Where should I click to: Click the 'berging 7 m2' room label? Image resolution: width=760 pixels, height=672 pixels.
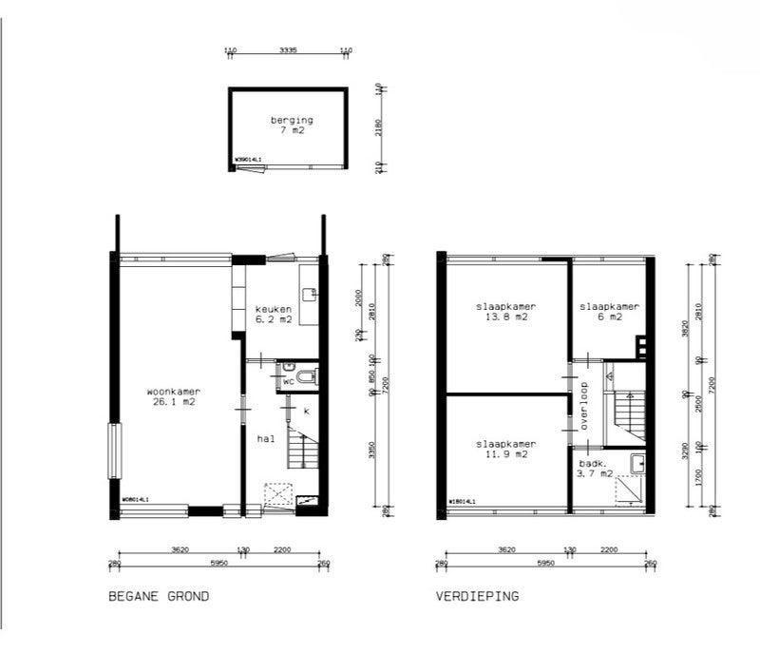[289, 125]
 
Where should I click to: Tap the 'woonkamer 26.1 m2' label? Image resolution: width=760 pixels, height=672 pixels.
[172, 396]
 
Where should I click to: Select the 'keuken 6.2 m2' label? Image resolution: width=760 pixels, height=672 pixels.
[273, 316]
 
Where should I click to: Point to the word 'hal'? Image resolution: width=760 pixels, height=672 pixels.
[265, 439]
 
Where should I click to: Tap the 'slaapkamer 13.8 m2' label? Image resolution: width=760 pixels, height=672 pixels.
[506, 312]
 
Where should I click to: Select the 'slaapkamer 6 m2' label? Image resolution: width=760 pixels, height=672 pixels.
[609, 312]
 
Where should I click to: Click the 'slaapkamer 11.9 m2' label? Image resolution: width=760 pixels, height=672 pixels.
[506, 449]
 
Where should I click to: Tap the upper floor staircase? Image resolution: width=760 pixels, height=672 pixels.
[628, 414]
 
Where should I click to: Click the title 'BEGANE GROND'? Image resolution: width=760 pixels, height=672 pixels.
[159, 597]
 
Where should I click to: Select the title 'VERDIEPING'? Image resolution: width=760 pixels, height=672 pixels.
[477, 597]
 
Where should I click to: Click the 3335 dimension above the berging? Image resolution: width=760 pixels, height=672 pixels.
[288, 49]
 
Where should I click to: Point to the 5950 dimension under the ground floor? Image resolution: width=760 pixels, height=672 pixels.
[218, 564]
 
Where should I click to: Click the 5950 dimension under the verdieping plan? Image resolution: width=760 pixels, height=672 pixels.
[545, 564]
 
